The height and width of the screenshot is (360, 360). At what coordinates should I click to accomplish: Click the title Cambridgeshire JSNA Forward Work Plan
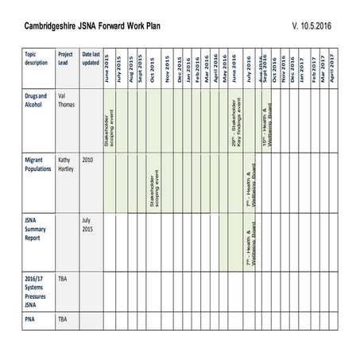click(95, 26)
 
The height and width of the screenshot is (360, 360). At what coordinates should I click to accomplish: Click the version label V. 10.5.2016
click(312, 26)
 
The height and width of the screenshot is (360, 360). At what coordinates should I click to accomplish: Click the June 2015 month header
click(108, 68)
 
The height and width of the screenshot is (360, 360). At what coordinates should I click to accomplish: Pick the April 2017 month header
click(331, 68)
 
